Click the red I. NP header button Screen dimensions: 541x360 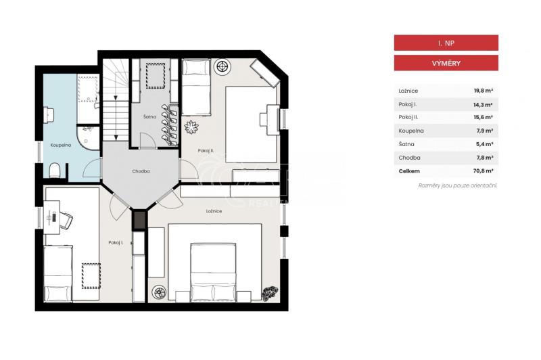coord(446,43)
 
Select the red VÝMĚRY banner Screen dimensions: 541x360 coord(446,63)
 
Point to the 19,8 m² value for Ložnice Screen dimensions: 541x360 coord(483,91)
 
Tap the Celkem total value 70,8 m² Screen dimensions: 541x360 coord(483,171)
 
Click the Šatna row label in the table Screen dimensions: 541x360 coord(406,144)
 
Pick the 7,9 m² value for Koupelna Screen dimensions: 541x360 coord(484,131)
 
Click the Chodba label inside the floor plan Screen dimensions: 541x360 coord(141,171)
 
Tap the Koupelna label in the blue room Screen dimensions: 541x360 coord(61,145)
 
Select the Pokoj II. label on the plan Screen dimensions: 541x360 coord(206,150)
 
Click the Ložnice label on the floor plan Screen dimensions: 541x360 coord(214,211)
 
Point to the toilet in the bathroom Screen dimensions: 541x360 coord(55,170)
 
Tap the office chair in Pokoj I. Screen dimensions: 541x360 coord(66,220)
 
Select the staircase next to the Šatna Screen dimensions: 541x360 coord(116,99)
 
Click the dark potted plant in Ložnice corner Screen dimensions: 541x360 coord(270,294)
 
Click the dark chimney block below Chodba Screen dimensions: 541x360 coord(139,220)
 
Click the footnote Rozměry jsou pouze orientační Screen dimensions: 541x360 coord(458,185)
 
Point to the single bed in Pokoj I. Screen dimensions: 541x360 coord(58,273)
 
